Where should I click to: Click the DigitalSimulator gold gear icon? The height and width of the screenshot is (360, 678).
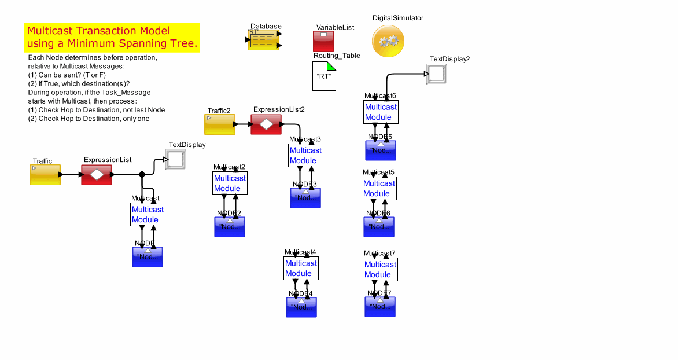pyautogui.click(x=388, y=41)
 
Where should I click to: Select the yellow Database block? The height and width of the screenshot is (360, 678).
pyautogui.click(x=263, y=41)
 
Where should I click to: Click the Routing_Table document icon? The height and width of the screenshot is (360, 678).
pyautogui.click(x=324, y=76)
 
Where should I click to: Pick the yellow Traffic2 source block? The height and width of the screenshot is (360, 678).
pyautogui.click(x=220, y=124)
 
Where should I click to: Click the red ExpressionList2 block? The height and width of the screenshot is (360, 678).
pyautogui.click(x=266, y=124)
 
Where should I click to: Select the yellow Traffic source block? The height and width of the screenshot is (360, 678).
pyautogui.click(x=45, y=174)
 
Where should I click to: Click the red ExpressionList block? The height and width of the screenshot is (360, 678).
pyautogui.click(x=97, y=174)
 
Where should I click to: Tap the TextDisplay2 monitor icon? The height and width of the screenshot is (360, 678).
pyautogui.click(x=436, y=74)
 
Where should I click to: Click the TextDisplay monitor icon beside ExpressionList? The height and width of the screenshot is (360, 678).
pyautogui.click(x=175, y=160)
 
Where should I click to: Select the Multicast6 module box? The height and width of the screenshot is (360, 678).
pyautogui.click(x=381, y=112)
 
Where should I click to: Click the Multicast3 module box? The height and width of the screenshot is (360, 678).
pyautogui.click(x=305, y=155)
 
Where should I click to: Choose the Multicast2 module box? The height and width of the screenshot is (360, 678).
pyautogui.click(x=230, y=183)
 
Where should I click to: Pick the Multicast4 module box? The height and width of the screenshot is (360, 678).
pyautogui.click(x=301, y=268)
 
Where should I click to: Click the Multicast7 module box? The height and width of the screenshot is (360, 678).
pyautogui.click(x=381, y=269)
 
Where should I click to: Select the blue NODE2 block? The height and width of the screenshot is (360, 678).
pyautogui.click(x=230, y=227)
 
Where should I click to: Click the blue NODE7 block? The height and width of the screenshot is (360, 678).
pyautogui.click(x=380, y=307)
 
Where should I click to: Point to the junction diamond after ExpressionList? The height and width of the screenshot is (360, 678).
pyautogui.click(x=142, y=174)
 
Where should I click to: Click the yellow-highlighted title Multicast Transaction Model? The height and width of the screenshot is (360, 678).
pyautogui.click(x=112, y=37)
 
